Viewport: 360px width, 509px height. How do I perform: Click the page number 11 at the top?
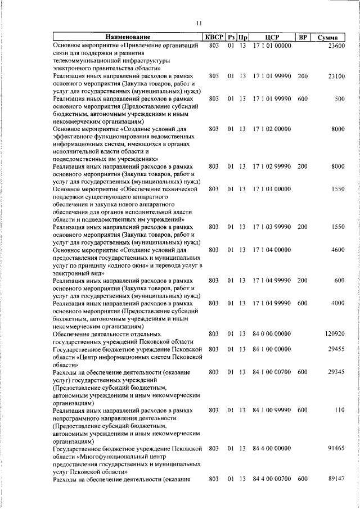pos(198,23)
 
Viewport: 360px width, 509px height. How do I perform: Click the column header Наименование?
pos(127,37)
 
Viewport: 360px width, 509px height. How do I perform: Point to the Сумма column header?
pos(327,37)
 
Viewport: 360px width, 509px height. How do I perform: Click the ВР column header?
pos(303,37)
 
